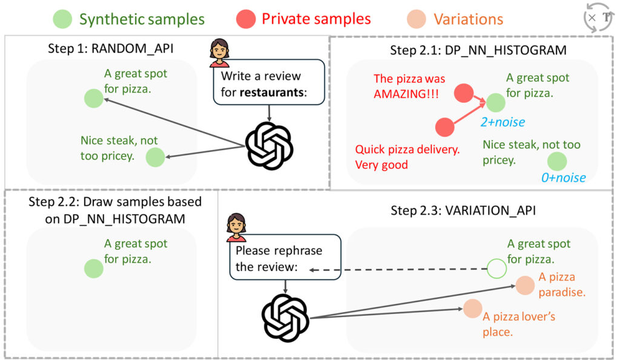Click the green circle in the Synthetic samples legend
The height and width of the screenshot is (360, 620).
(64, 19)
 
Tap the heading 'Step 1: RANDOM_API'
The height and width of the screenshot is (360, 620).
(111, 48)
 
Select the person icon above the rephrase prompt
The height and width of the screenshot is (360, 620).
(236, 226)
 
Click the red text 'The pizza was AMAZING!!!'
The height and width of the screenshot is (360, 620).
(409, 85)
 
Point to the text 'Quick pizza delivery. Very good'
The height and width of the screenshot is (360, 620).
(398, 157)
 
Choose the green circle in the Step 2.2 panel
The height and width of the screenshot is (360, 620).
(93, 269)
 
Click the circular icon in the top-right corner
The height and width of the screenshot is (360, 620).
(599, 18)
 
